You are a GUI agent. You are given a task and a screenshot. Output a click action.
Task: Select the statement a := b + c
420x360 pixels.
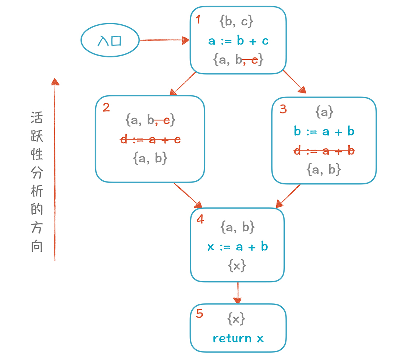238,41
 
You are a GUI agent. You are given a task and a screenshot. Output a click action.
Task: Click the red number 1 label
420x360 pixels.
198,19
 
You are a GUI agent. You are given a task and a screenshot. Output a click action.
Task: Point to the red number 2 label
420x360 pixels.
106,107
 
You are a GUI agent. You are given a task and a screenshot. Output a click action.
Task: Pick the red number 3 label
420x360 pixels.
283,109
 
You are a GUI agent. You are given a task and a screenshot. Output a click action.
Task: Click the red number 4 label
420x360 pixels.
200,219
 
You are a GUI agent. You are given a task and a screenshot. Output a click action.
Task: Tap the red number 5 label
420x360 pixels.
199,314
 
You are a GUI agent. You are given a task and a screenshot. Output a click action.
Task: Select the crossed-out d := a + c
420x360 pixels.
151,140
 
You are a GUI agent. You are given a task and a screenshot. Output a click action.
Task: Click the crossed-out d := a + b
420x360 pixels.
324,150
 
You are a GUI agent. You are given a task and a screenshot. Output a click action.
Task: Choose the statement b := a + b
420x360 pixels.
324,131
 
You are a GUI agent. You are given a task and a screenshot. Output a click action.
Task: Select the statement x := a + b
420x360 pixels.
238,247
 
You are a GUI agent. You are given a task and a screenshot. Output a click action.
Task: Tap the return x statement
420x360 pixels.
238,338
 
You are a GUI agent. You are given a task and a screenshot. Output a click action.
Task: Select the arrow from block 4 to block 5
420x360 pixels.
238,293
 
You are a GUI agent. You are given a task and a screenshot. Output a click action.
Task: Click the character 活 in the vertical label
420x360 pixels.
37,119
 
